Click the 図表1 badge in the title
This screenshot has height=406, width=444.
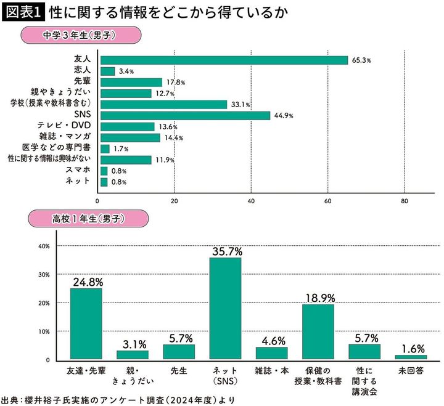tap(22, 12)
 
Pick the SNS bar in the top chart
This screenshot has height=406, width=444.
tap(184, 115)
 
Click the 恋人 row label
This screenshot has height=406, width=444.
tap(82, 71)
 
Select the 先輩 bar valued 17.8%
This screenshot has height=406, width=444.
tap(131, 82)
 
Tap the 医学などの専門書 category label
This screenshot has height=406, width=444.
tap(65, 148)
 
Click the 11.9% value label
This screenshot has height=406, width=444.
tap(163, 160)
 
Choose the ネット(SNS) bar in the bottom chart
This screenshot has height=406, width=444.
tap(225, 308)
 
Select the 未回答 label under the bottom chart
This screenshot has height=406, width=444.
tap(410, 371)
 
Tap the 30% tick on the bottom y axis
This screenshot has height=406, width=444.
tap(44, 274)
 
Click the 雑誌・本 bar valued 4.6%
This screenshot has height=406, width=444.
tap(271, 353)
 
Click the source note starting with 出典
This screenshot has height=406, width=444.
tap(117, 399)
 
